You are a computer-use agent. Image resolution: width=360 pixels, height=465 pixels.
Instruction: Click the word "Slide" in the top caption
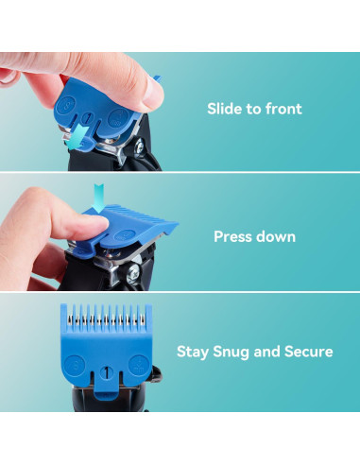(224, 109)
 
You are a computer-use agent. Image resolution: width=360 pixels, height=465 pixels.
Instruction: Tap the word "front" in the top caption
(282, 109)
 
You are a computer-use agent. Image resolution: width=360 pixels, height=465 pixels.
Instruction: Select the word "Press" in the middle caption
(234, 237)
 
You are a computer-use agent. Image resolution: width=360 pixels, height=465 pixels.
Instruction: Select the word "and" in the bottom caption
(269, 352)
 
